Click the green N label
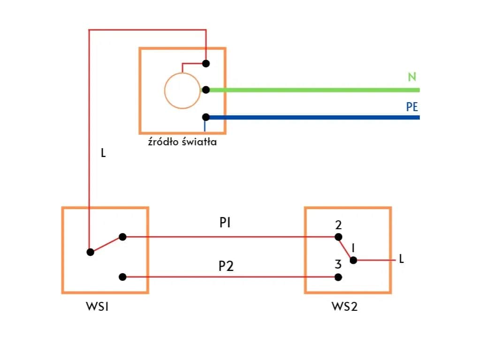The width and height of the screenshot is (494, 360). pos(412,77)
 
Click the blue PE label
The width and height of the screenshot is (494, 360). pos(412,107)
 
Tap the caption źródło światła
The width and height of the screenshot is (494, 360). pos(182,142)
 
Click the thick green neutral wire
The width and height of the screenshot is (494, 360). pos(314,90)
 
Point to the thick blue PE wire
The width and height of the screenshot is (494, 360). pos(314,117)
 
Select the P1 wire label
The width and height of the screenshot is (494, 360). pos(225,223)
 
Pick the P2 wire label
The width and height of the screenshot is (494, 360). pos(226,266)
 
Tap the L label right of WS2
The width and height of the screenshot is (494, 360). pos(401,258)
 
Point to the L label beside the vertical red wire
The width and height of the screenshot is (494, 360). pos(104,153)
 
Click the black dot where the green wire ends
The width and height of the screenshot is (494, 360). pos(205,90)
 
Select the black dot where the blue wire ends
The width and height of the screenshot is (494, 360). pos(205,117)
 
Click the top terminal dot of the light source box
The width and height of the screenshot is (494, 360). pos(205,63)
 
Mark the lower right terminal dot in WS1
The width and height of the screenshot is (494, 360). pos(122,277)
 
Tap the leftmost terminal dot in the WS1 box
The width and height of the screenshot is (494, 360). pos(91,252)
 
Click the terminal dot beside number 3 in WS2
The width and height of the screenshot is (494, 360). pos(338,277)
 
